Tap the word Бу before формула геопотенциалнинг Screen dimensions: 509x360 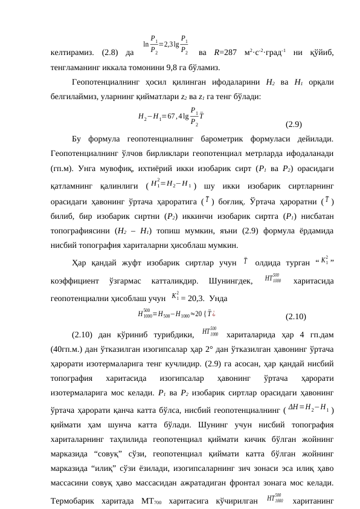click(x=77, y=140)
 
